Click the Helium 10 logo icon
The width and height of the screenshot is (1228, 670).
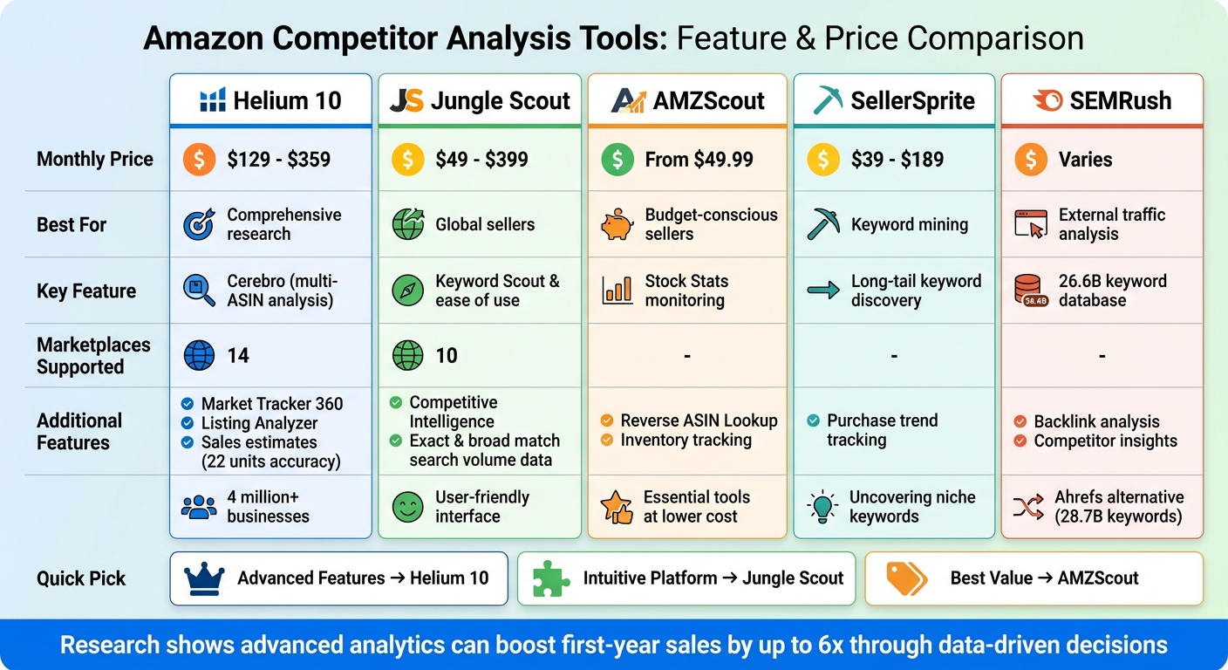(x=213, y=100)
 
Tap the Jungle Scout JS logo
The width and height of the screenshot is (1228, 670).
(x=406, y=100)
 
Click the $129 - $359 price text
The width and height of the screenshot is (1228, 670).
(x=279, y=160)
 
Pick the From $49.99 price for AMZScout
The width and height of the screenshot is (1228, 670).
(x=699, y=160)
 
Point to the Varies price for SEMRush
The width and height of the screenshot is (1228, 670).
(x=1085, y=160)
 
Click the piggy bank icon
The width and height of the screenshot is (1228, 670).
(x=617, y=225)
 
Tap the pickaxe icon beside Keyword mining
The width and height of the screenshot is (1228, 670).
(x=823, y=224)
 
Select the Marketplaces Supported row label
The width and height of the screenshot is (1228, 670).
(x=93, y=356)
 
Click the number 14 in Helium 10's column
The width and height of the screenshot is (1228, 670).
(x=238, y=356)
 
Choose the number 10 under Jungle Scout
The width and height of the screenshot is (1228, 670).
(x=447, y=356)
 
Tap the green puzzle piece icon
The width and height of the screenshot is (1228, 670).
(x=550, y=578)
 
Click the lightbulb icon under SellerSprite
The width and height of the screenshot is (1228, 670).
(x=822, y=507)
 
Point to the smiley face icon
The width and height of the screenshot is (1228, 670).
(x=407, y=507)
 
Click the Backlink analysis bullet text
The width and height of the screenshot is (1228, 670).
(x=1096, y=421)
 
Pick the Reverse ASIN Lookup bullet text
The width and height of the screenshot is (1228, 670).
(x=699, y=420)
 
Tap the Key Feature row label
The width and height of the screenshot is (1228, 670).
(x=86, y=291)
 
